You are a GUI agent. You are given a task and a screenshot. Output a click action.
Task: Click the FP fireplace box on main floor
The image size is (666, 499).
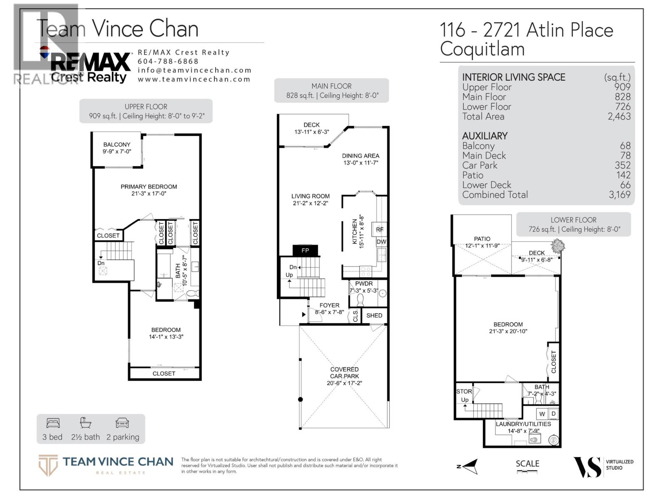coord(305,250)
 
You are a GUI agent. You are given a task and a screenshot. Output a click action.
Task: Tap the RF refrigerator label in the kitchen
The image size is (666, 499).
coord(380,230)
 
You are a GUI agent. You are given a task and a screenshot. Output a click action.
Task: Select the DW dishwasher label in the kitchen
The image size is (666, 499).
coord(381,242)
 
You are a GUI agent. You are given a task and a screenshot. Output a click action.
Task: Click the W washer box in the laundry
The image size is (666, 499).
coord(542,414)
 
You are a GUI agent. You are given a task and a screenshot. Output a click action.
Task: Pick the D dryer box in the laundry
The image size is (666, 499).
coord(553,414)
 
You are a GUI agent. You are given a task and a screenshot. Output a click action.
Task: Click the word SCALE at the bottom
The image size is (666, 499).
coord(527,463)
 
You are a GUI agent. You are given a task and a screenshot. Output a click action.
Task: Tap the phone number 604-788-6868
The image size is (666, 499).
coord(168,61)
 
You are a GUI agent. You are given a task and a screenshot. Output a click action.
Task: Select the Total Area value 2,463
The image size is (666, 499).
coord(619,116)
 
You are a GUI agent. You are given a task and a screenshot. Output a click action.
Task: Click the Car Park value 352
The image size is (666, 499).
coord(623,165)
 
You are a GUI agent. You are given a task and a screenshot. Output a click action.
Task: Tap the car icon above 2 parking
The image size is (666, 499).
coord(122,423)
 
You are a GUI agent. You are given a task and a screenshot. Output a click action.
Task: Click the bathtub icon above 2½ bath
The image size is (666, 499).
coord(86,423)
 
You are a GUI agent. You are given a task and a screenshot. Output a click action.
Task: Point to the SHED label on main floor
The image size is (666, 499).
coord(374,315)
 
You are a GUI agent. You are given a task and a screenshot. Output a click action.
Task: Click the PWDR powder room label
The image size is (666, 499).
coord(364,284)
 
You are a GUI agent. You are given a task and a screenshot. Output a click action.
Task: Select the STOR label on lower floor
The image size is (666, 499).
coord(464,391)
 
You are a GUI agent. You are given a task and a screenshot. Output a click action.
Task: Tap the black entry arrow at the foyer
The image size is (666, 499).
coord(304,314)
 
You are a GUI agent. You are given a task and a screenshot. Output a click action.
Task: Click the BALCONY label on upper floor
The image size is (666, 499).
coord(117,144)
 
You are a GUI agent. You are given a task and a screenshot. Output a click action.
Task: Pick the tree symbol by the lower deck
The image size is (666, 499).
coord(557,246)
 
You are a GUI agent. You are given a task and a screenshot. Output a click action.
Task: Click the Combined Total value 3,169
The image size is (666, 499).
coord(619,195)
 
